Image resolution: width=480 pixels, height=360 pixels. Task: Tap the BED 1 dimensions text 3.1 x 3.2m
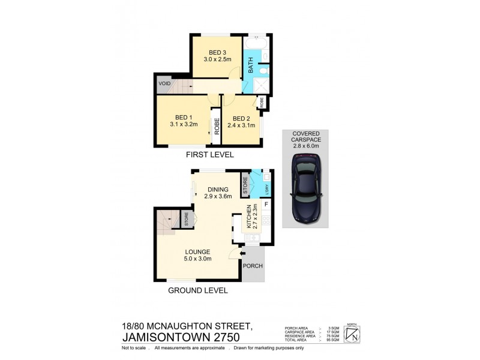click(x=183, y=126)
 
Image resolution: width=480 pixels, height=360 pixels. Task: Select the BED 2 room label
click(x=241, y=118)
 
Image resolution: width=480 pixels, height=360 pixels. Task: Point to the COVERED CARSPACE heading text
click(x=306, y=137)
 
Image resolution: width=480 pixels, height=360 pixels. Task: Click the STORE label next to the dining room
click(x=245, y=185)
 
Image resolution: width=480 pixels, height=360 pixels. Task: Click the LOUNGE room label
click(x=197, y=251)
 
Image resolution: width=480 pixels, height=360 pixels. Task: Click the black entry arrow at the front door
click(x=242, y=254)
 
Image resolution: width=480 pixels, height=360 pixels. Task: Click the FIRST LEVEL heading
click(x=209, y=155)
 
